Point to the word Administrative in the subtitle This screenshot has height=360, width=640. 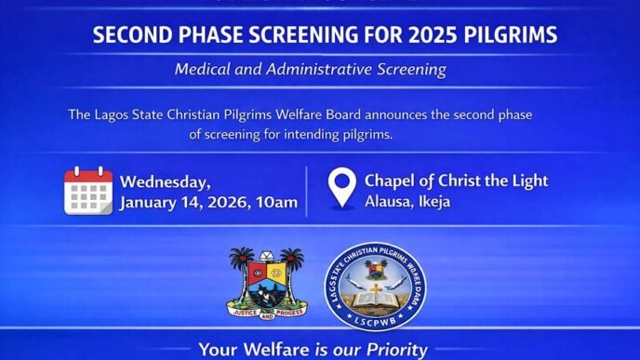pos(322,70)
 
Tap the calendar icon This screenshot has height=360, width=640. pos(88,191)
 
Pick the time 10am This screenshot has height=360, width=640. pos(276,203)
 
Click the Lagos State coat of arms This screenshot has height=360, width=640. pos(267,284)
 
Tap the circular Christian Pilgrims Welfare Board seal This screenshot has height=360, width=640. pos(369,284)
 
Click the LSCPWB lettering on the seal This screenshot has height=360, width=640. pos(369,319)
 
